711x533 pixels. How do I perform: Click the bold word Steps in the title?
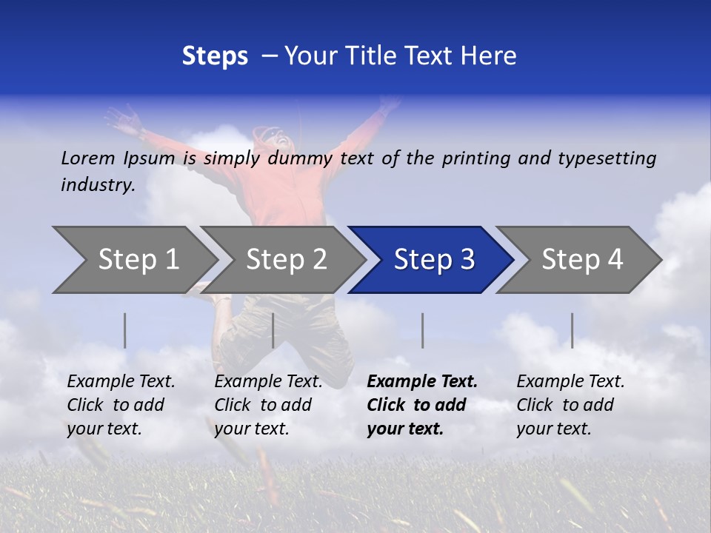[215, 56]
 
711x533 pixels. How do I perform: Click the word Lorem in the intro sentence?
[87, 158]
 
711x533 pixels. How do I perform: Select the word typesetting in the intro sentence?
[607, 158]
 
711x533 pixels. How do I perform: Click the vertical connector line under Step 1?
[125, 330]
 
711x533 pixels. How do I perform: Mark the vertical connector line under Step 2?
[273, 330]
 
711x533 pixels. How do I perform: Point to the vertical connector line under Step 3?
[422, 330]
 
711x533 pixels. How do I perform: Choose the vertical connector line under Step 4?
[572, 330]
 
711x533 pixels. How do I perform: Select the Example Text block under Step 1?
[121, 405]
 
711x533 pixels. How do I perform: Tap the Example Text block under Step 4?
[570, 405]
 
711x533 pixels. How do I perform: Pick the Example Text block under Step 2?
[268, 405]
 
